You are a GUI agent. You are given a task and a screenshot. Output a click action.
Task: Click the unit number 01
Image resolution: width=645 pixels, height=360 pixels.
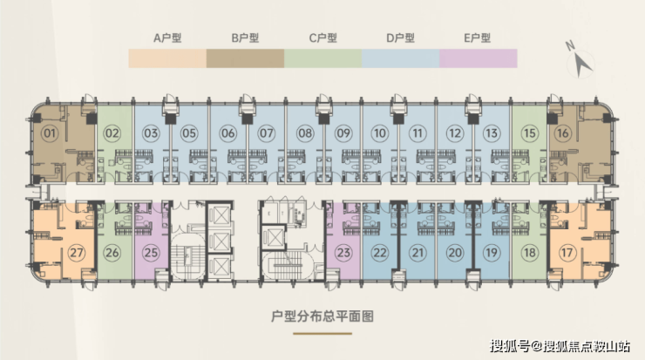[x=50, y=133]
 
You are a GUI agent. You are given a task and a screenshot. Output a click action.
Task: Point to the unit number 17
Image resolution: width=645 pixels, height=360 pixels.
[x=568, y=253]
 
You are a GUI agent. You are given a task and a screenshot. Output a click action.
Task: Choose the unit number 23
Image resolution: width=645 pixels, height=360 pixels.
[x=343, y=253]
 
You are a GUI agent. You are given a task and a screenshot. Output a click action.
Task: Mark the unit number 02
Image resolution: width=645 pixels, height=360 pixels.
[x=112, y=133]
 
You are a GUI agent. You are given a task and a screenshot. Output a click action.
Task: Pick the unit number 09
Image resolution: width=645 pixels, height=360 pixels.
[x=343, y=133]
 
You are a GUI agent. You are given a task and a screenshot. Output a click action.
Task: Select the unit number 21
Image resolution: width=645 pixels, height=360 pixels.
[x=418, y=253]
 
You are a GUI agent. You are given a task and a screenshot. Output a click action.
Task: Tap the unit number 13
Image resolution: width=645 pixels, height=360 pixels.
[x=492, y=133]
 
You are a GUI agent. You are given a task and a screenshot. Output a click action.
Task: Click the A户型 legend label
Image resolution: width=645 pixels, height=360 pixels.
[x=166, y=38]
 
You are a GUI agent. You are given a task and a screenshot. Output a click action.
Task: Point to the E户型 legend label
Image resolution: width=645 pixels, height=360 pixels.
[x=477, y=38]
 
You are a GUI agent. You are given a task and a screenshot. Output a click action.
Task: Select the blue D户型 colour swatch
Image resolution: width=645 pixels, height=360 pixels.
[x=400, y=58]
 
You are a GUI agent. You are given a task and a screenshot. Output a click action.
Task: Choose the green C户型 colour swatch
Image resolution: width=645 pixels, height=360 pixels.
[x=322, y=58]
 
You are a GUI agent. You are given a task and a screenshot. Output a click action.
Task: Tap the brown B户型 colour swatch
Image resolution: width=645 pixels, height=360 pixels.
[x=245, y=58]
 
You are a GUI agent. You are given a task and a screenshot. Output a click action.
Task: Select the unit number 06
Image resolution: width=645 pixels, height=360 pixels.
[x=228, y=133]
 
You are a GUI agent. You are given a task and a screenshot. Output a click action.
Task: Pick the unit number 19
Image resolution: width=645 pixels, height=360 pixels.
[x=492, y=253]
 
